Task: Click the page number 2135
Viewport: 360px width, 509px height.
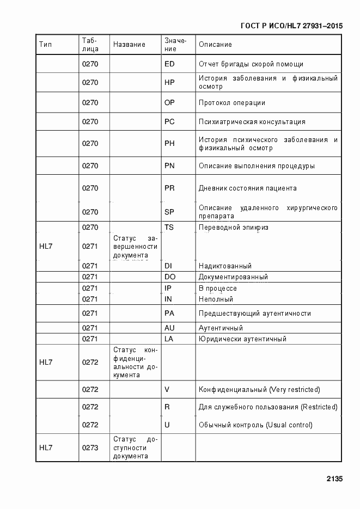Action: [x=334, y=479]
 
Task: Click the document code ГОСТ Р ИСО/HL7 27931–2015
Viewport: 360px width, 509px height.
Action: [x=291, y=26]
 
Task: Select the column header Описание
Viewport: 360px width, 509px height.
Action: [x=215, y=45]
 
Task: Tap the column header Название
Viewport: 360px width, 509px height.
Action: [x=129, y=45]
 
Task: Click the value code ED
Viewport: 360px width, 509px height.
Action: [x=169, y=64]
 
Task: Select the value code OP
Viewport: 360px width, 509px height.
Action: [x=169, y=103]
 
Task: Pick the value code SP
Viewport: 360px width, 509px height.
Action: [x=169, y=212]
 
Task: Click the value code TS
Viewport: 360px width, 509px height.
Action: [x=169, y=227]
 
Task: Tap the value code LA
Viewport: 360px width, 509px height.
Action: [x=169, y=339]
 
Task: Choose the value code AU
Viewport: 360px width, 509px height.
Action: [x=169, y=328]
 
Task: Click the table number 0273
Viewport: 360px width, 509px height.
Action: [x=90, y=447]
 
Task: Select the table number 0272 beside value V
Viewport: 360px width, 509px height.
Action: [x=90, y=390]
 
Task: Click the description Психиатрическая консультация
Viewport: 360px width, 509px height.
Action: [x=252, y=122]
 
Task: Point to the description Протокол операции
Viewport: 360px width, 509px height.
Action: [x=232, y=103]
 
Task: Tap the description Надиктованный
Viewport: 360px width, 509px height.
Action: [x=225, y=266]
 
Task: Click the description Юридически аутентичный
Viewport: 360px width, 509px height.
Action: [x=242, y=339]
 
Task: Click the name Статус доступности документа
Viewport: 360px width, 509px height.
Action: [x=135, y=447]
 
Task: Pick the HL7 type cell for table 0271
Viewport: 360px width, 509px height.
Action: [x=46, y=246]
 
